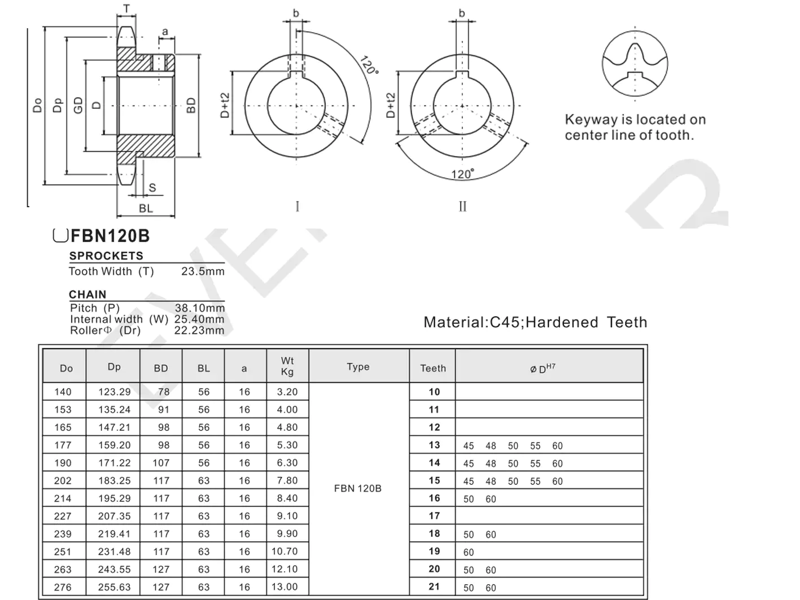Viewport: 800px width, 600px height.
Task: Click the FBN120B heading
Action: (110, 236)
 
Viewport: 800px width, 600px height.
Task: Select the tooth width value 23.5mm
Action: (203, 271)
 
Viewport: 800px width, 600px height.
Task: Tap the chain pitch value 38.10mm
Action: (199, 308)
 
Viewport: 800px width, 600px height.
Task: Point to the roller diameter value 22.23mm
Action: (199, 330)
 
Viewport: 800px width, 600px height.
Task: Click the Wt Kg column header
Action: (287, 366)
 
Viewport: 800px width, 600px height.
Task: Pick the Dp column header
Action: (114, 367)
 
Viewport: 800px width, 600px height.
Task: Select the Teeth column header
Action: (433, 368)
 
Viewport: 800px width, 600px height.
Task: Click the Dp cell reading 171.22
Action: (114, 463)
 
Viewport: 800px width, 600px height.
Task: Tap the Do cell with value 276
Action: (63, 587)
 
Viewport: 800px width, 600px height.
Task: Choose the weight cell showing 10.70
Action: (285, 551)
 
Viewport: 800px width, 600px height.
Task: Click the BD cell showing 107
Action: (161, 463)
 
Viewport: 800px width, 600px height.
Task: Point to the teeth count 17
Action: (434, 516)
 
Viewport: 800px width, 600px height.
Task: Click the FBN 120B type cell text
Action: (358, 488)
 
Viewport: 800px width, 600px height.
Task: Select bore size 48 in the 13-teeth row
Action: (491, 446)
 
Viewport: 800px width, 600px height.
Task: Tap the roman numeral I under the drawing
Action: (298, 207)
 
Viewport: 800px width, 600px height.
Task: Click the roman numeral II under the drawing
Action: (462, 207)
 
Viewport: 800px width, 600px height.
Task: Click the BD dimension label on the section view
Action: (191, 106)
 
